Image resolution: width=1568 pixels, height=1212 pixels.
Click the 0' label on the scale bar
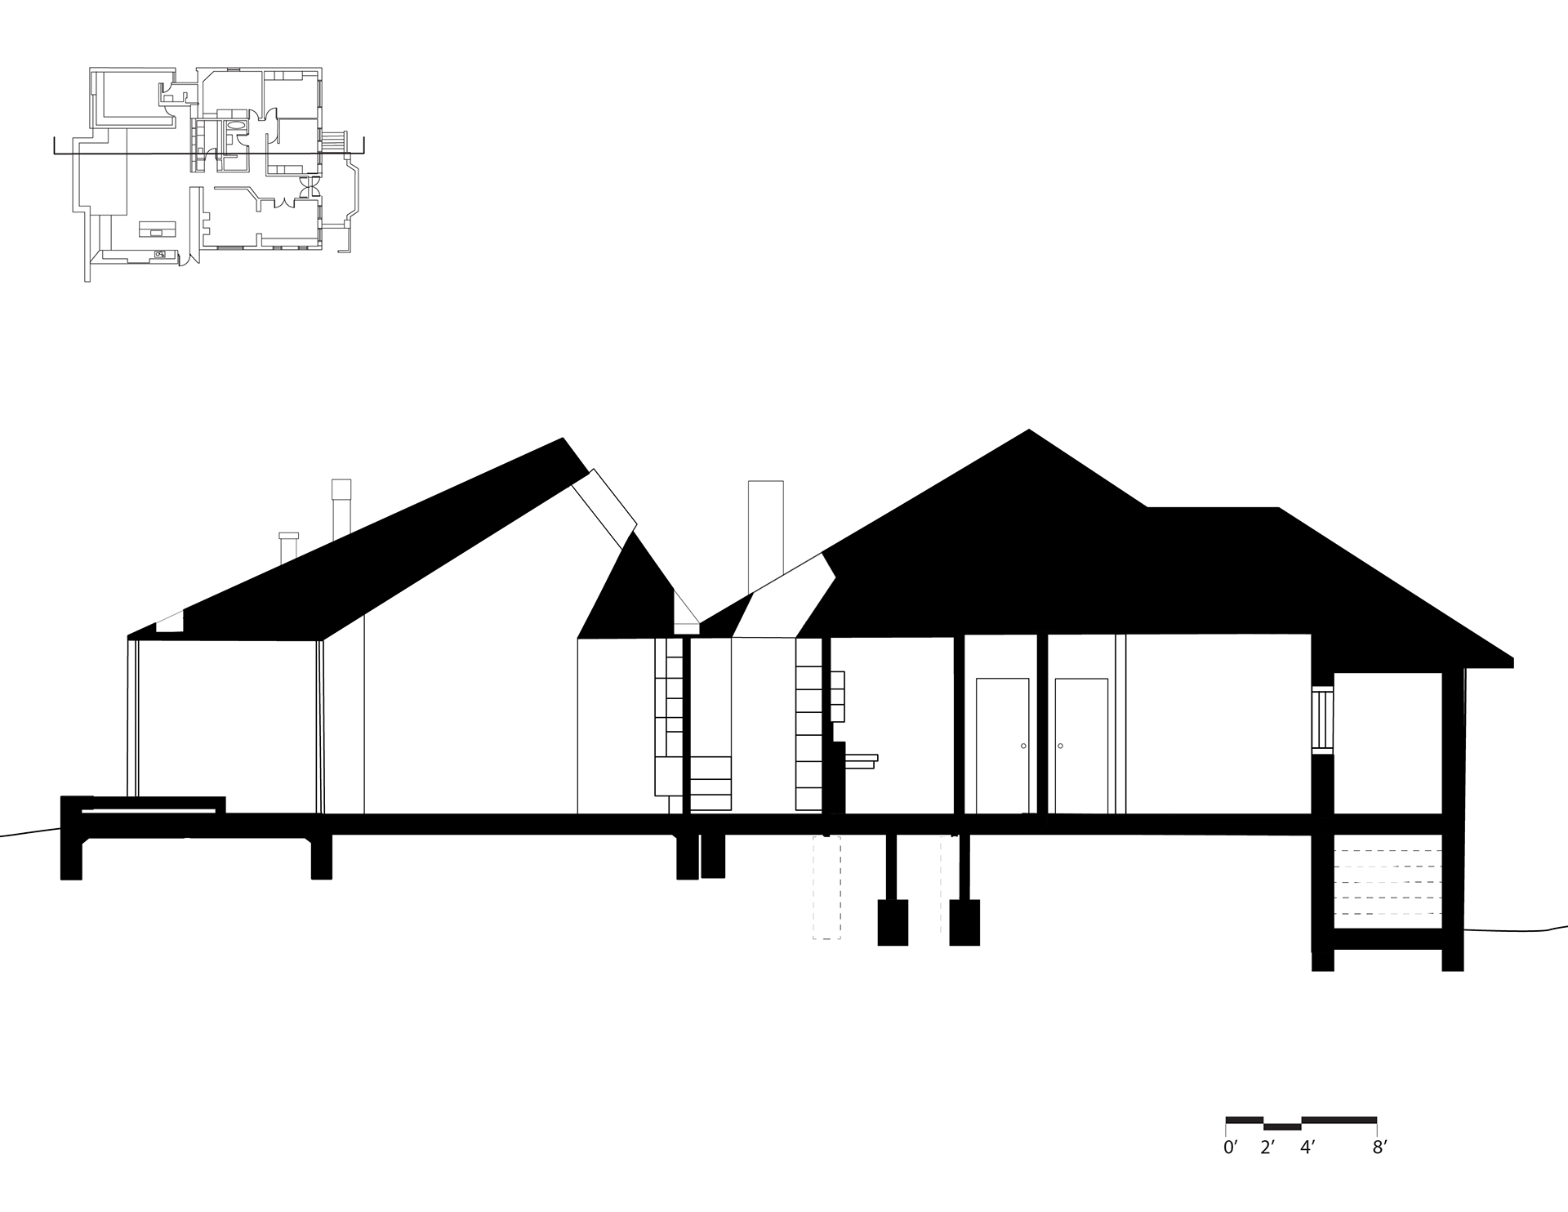[1230, 1147]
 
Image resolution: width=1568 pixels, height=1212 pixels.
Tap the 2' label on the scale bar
[1267, 1147]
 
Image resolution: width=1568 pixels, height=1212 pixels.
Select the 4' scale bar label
[1306, 1147]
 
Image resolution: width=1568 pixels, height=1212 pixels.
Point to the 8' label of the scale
[1379, 1147]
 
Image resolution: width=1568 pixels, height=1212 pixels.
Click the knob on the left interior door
[1023, 746]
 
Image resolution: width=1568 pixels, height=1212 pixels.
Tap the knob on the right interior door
[1060, 746]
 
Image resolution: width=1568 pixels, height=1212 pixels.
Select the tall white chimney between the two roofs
[765, 537]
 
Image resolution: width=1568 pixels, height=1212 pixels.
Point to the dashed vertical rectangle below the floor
[826, 888]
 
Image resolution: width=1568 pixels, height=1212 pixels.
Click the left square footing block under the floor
[893, 923]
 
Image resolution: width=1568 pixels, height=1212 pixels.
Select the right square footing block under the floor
[964, 923]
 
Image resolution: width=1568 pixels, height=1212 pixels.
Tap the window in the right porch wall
[1322, 720]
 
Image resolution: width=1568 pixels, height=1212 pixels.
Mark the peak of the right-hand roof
[1029, 429]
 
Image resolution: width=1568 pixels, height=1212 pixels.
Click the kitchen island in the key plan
[158, 229]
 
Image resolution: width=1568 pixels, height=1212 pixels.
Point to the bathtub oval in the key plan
[235, 127]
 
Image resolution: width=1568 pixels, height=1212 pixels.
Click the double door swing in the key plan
[309, 188]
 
